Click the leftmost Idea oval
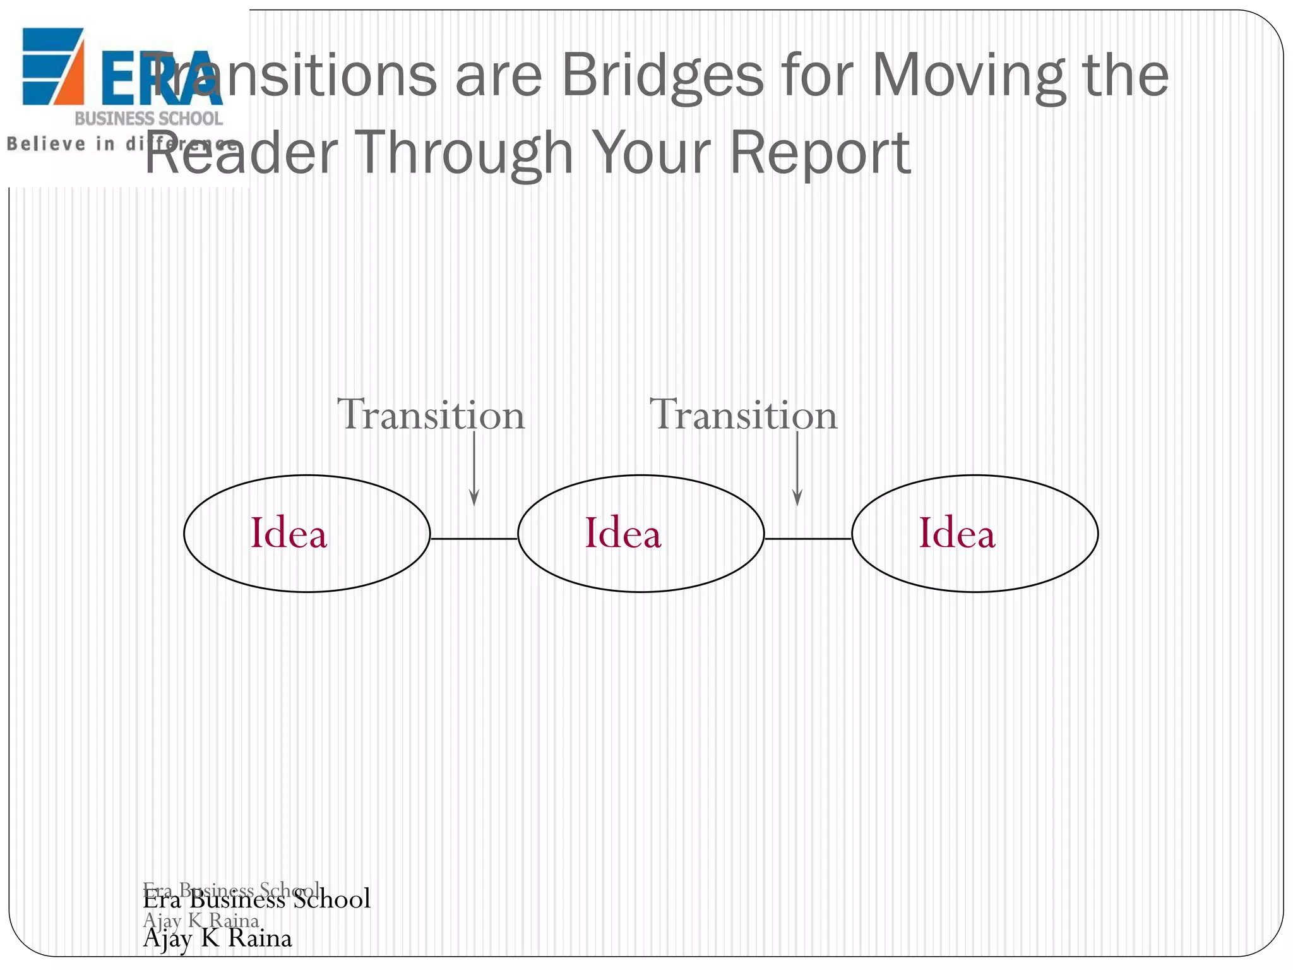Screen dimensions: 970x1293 [307, 534]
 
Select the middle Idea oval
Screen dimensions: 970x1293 [641, 534]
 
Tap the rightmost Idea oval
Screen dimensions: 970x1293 [975, 534]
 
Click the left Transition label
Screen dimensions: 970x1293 [431, 415]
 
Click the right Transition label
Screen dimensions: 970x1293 [744, 415]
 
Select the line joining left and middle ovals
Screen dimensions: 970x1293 [474, 539]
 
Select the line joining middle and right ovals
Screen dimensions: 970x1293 [808, 539]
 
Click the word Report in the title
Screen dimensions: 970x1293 [820, 153]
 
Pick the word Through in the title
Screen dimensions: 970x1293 [466, 153]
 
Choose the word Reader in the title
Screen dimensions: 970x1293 [242, 153]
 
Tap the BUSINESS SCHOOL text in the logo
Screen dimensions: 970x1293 [149, 119]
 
